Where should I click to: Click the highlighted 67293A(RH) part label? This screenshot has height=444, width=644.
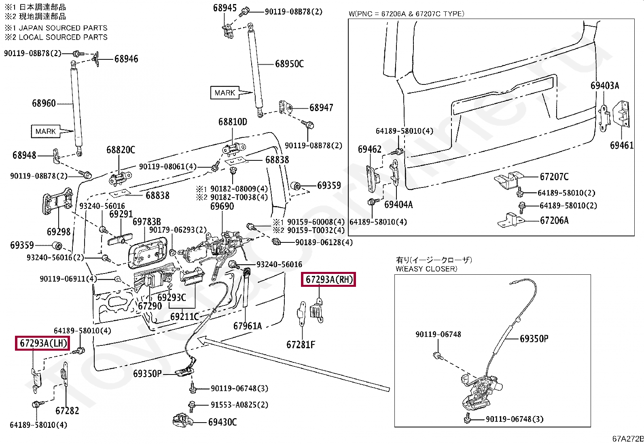pos(328,280)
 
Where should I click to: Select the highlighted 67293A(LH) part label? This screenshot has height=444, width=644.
pos(42,343)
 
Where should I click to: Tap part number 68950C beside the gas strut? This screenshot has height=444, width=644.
pos(289,64)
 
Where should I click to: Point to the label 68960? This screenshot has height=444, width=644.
pos(44,103)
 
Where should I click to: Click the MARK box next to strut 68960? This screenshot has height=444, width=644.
pos(45,131)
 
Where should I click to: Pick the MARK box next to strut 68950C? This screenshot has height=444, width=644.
pos(225,93)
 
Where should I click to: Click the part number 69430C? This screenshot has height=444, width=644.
pos(222,422)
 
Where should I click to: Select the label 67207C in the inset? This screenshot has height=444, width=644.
pos(554,177)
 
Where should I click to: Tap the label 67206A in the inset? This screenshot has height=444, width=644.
pos(554,221)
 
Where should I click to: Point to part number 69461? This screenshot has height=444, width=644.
pos(622,145)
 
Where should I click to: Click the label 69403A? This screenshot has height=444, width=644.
pos(605,86)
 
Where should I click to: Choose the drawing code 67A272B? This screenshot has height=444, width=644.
pos(628,439)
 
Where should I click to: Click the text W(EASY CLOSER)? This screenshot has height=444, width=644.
pos(426,269)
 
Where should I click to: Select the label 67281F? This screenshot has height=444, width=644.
pos(301,345)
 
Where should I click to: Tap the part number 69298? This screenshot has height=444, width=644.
pos(59,232)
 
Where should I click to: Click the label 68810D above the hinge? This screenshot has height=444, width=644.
pos(233,122)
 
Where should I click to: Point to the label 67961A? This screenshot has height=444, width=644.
pos(248,326)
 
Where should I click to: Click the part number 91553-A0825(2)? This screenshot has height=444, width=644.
pos(239,405)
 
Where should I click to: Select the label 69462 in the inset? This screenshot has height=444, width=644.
pos(370,149)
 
